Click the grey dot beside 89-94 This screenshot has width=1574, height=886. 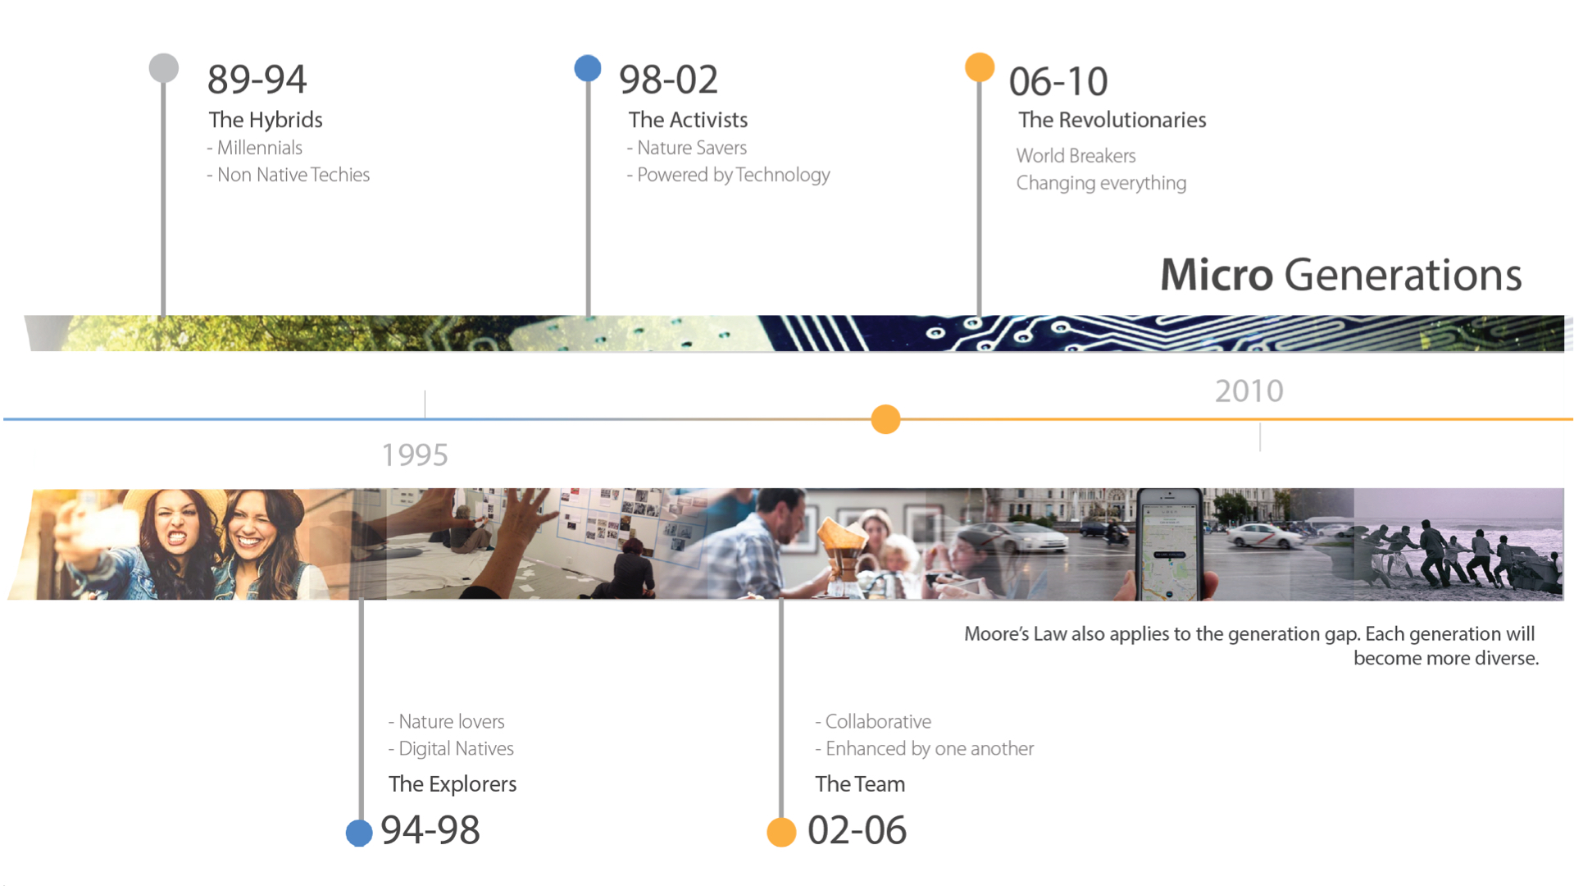[164, 68]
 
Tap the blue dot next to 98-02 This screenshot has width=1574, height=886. [588, 68]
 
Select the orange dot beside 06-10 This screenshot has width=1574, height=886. [980, 67]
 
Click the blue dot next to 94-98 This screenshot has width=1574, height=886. [359, 833]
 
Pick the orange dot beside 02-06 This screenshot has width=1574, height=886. [781, 832]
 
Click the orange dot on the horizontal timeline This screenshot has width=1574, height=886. [885, 419]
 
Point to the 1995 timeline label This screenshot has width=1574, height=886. [415, 455]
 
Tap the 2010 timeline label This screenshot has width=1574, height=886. [1249, 391]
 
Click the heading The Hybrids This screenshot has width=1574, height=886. [266, 120]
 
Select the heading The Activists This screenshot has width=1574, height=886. [688, 120]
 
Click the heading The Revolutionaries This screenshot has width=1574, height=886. [1112, 120]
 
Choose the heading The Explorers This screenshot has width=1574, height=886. [453, 784]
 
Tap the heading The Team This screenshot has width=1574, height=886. [860, 784]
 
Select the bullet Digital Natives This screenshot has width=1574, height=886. [451, 748]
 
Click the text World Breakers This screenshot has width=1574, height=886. [1076, 156]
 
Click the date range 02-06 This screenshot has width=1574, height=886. [857, 830]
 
